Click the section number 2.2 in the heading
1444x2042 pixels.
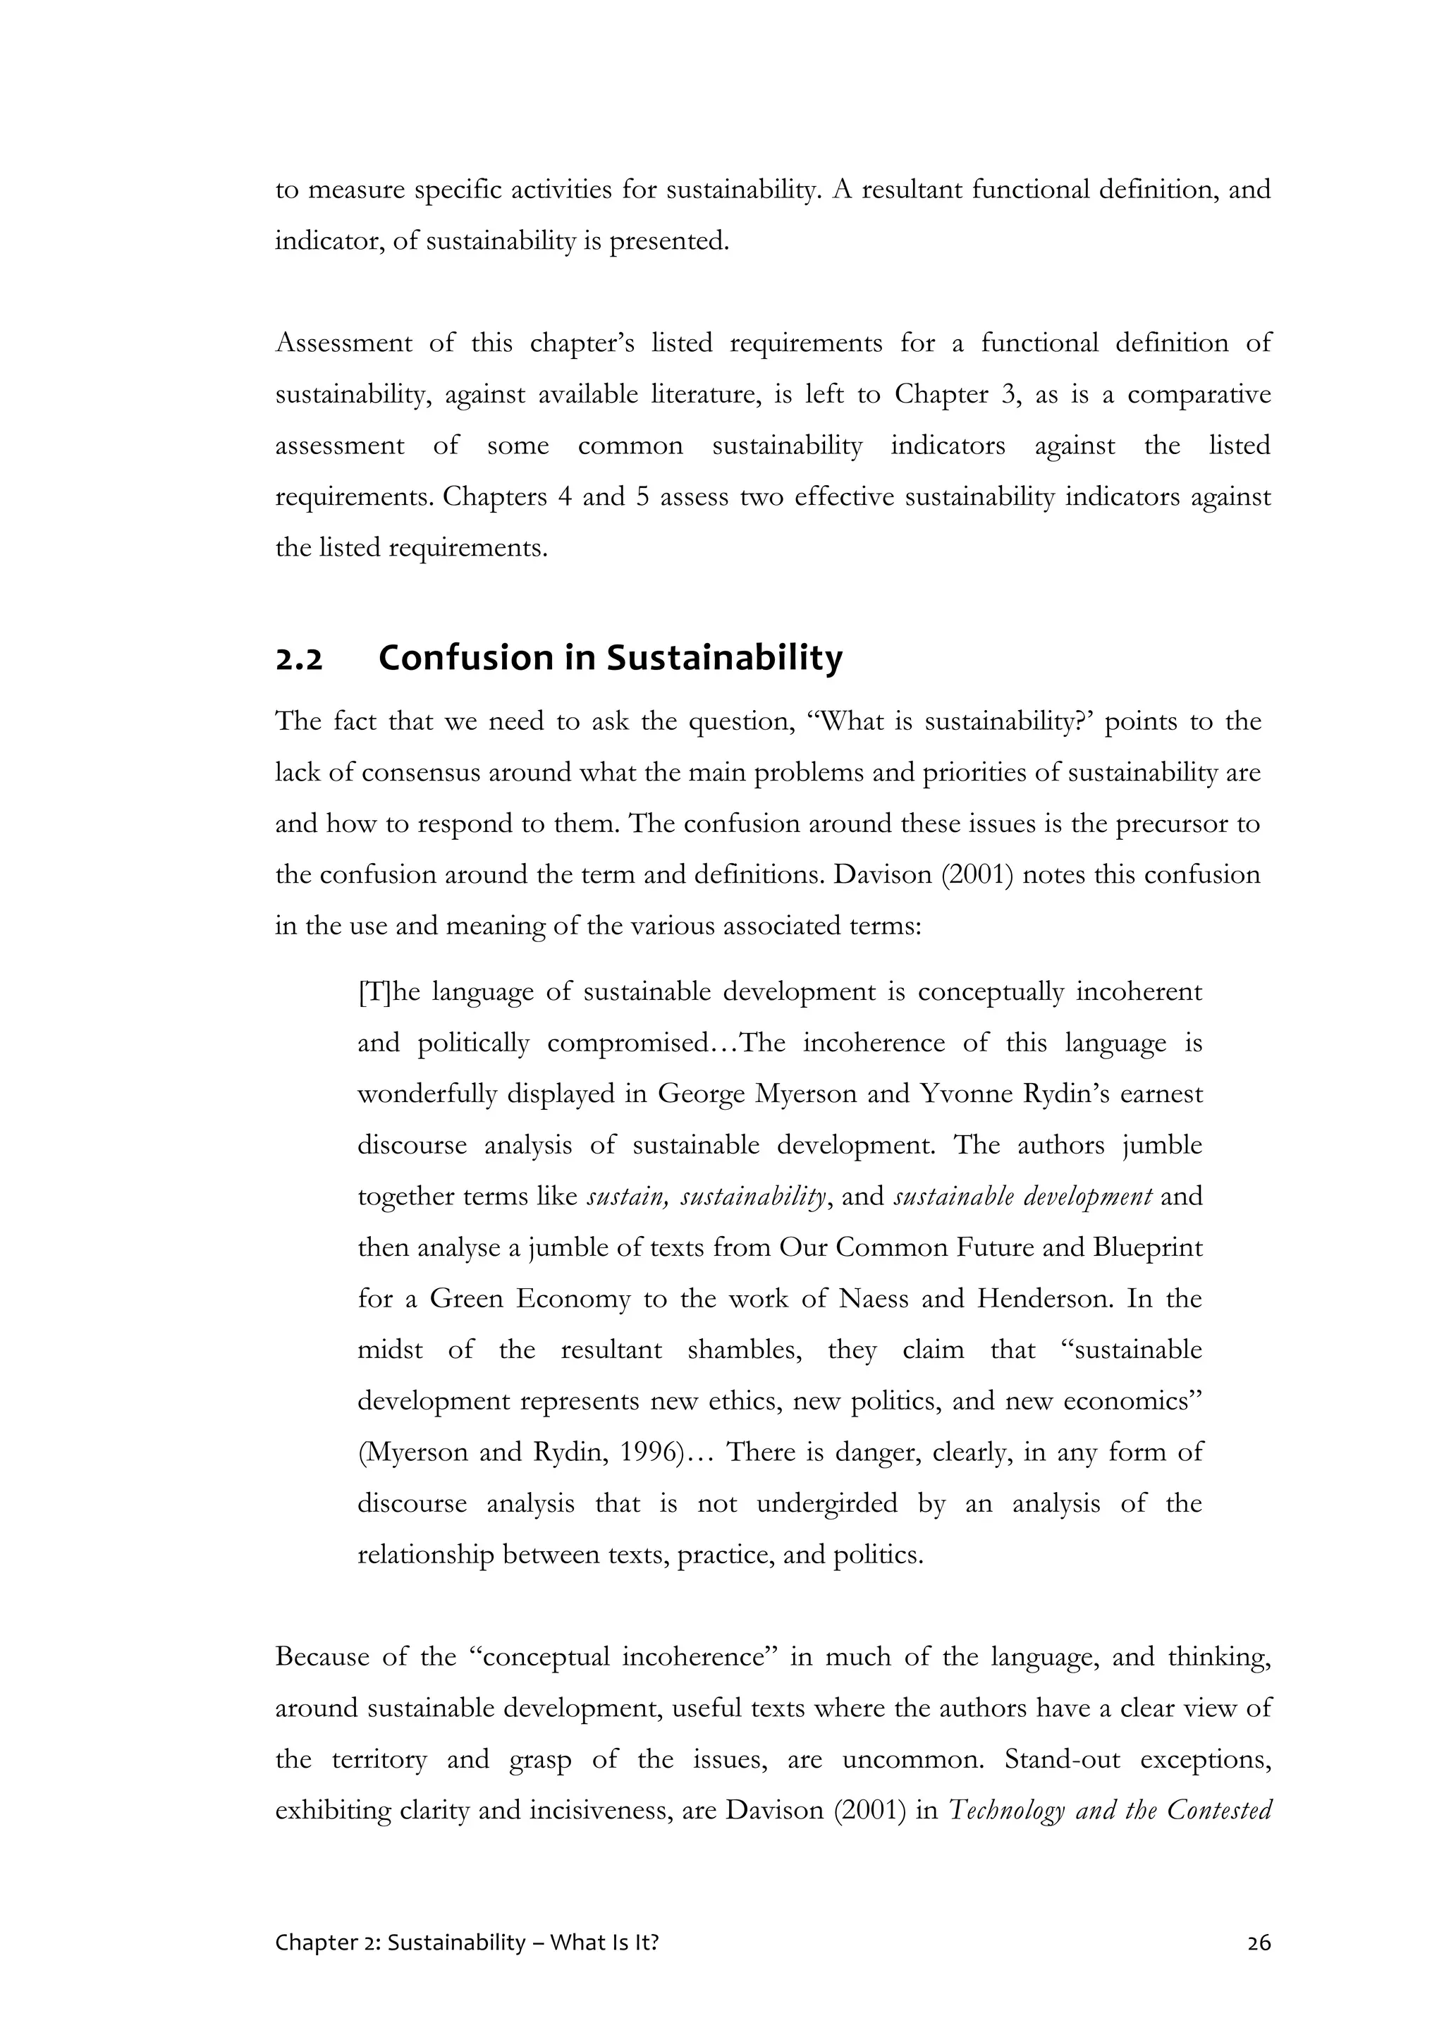coord(299,660)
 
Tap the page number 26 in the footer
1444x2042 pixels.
coord(1259,1943)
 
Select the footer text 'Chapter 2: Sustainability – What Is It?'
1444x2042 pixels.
coord(467,1943)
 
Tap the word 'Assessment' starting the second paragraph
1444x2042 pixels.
coord(343,343)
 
